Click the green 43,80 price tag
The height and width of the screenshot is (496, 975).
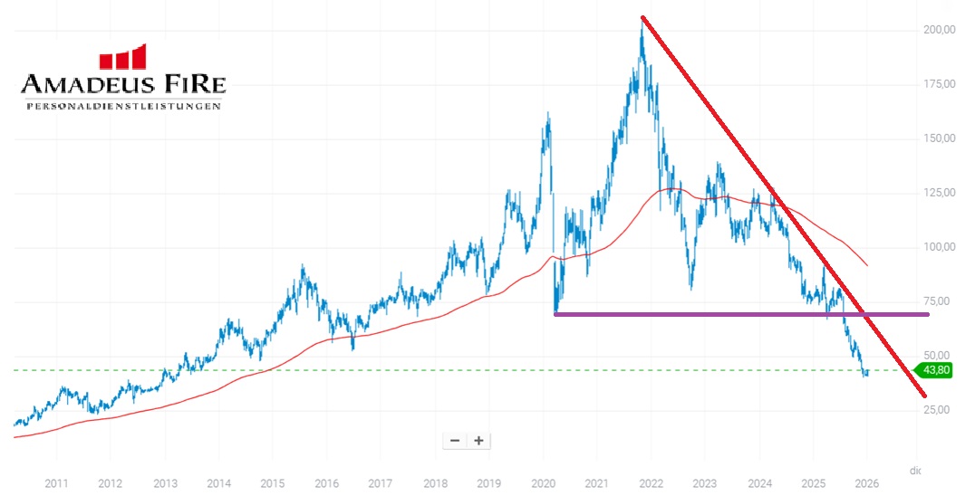pos(937,370)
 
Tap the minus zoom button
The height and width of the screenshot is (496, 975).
pos(455,441)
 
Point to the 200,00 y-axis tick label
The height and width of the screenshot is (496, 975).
pos(940,30)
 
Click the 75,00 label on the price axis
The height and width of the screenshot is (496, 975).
pos(940,301)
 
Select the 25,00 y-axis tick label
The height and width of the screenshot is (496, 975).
pos(940,410)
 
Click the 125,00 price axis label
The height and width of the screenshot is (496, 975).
pos(940,193)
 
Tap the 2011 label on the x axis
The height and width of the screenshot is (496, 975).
pos(57,482)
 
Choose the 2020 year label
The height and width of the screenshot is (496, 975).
pos(543,482)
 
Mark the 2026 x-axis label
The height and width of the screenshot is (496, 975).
pos(866,482)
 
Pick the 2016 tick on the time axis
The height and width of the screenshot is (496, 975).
pos(327,482)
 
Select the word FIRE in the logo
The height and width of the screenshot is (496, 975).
pos(190,86)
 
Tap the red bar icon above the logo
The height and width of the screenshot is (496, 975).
pos(122,58)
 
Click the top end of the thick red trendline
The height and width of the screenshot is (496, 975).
pos(642,17)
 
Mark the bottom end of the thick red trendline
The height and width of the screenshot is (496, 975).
pos(924,395)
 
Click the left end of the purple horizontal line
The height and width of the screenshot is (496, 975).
pos(555,314)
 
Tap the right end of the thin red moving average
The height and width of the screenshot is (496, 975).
pos(868,265)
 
